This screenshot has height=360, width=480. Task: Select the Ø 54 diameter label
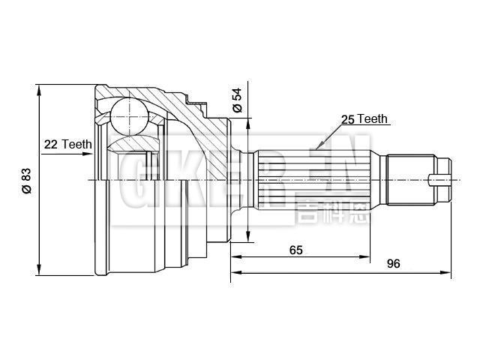[x=238, y=100]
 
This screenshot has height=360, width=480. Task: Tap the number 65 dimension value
[x=295, y=250]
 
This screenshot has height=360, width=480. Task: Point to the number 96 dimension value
[x=393, y=263]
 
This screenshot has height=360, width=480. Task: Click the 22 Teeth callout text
[x=67, y=144]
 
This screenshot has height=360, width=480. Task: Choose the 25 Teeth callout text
[x=364, y=119]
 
